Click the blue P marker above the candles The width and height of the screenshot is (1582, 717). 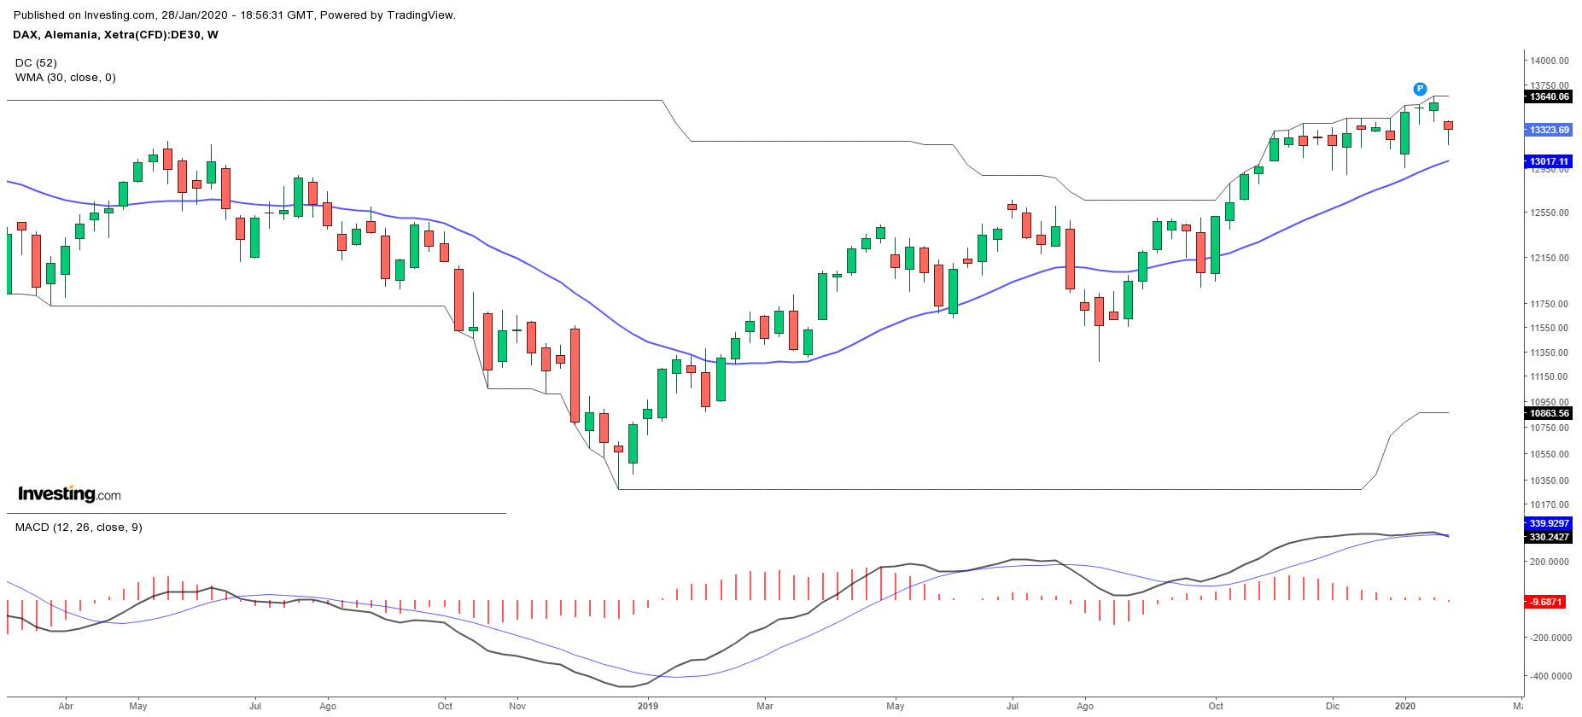1420,89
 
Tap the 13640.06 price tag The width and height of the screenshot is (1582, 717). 1549,97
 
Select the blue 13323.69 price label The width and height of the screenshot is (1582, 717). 1549,130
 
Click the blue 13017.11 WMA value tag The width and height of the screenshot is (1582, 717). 1549,161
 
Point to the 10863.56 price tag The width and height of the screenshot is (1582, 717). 1549,413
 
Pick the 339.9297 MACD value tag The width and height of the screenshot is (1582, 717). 1549,523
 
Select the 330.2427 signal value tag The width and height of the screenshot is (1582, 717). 1549,537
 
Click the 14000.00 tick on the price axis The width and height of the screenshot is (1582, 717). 1550,61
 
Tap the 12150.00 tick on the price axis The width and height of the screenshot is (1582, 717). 1550,258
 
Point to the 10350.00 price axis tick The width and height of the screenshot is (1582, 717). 1550,481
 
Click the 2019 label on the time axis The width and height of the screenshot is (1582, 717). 648,706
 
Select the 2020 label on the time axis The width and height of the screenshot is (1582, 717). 1404,706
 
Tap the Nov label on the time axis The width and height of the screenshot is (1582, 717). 517,706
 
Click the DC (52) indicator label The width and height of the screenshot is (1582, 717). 36,63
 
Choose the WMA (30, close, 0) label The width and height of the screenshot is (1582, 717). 66,78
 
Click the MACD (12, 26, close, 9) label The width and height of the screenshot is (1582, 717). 79,528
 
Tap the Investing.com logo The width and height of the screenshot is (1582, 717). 69,494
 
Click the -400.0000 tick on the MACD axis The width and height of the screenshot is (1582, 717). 1550,676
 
